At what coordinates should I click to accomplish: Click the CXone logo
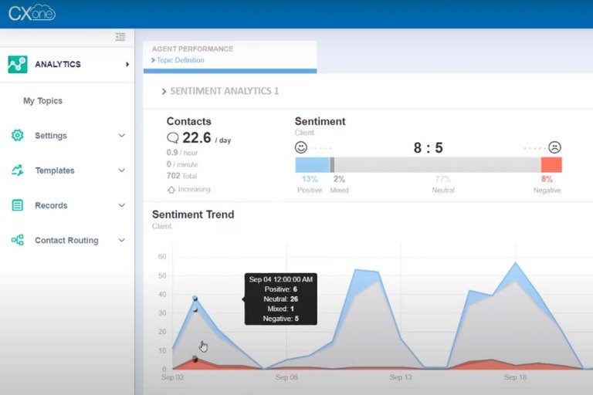tap(32, 12)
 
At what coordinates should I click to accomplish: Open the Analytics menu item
tap(58, 64)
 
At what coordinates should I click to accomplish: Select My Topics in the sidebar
tap(42, 101)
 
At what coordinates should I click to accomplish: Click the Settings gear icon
tap(17, 136)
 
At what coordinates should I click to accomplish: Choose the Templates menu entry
tap(55, 170)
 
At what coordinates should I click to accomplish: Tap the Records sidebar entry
tap(51, 205)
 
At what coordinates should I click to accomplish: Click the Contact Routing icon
tap(17, 240)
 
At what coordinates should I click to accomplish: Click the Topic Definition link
tap(180, 60)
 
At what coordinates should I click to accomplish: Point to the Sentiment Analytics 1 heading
tap(224, 91)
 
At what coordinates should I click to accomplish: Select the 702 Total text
tap(182, 176)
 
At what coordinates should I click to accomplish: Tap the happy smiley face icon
tap(301, 147)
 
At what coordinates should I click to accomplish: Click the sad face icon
tap(554, 147)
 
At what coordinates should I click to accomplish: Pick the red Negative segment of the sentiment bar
tap(551, 164)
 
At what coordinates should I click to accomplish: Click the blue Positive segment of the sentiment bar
tap(312, 164)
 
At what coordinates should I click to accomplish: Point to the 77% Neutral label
tap(443, 180)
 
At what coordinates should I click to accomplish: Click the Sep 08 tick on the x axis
tap(286, 377)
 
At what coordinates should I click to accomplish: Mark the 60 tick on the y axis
tap(161, 257)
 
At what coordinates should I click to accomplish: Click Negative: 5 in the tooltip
tap(280, 318)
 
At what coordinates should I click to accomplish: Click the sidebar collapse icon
tap(120, 36)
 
